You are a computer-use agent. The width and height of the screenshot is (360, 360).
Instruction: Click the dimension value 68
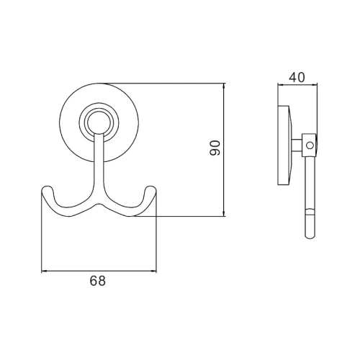pos(98,281)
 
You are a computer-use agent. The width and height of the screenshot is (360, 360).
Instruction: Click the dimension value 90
pos(215,148)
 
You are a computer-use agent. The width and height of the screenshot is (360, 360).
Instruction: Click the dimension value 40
pos(297,77)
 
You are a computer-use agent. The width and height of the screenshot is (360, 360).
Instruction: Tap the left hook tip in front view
pos(47,189)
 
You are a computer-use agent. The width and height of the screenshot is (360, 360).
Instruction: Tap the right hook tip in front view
pos(151,189)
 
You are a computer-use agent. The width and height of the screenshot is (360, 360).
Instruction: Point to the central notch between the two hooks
pos(99,205)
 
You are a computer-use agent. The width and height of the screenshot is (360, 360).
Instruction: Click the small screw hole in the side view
pos(310,145)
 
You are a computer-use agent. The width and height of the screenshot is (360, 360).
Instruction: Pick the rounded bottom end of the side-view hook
pos(310,236)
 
